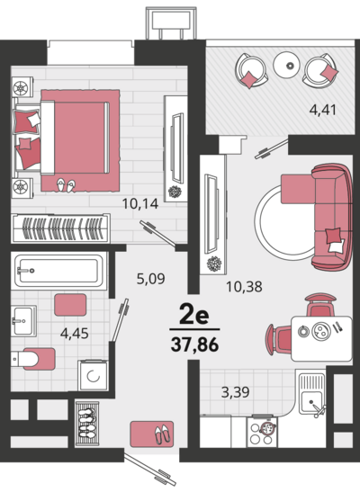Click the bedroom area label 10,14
point(140,204)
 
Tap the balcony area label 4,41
point(323,110)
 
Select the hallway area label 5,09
point(150,278)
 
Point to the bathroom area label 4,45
point(75,333)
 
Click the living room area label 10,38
point(244,287)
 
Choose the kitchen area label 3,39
point(236,392)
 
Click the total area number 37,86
point(194,344)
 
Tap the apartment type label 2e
point(194,315)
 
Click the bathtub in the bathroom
point(59,270)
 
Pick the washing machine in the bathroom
point(94,375)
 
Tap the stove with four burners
point(263,431)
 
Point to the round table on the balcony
point(289,65)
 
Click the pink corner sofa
point(325,217)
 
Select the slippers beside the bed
point(66,185)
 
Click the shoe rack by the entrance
point(87,424)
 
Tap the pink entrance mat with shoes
point(152,434)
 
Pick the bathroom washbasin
point(22,321)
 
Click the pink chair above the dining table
point(319,305)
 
